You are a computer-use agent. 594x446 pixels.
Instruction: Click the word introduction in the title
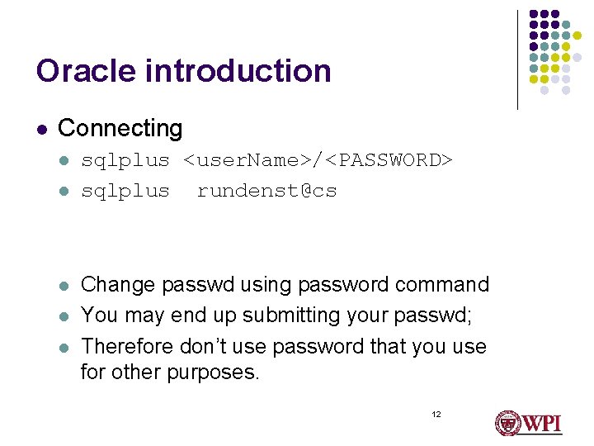click(x=238, y=71)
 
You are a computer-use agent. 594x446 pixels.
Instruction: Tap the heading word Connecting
click(x=120, y=129)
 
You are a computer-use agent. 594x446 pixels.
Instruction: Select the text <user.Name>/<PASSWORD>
click(x=318, y=160)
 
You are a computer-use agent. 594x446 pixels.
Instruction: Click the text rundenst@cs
click(x=266, y=191)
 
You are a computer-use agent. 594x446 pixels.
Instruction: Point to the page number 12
click(x=436, y=413)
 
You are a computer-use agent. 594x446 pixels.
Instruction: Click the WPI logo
click(x=528, y=423)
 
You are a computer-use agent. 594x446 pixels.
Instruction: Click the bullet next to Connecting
click(x=41, y=130)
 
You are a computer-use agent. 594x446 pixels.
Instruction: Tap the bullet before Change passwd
click(x=64, y=286)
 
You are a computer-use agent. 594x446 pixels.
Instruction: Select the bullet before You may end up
click(x=64, y=316)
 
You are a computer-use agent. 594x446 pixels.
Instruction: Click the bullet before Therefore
click(x=64, y=347)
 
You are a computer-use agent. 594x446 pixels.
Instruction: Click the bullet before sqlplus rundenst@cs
click(x=64, y=192)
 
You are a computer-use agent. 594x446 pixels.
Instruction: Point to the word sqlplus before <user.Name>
click(x=125, y=160)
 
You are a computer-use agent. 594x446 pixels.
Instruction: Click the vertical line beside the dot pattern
click(x=517, y=59)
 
